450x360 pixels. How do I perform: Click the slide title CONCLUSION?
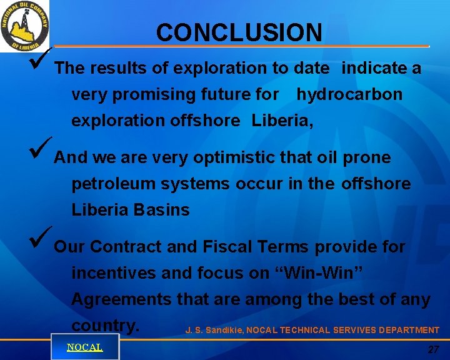point(239,32)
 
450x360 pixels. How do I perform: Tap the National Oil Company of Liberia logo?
point(25,26)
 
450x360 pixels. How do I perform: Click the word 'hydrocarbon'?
point(349,95)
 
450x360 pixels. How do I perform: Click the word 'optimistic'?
point(232,158)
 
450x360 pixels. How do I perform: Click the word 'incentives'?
point(114,274)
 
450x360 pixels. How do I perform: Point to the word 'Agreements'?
point(121,300)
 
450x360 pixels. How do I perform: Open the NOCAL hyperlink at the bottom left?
point(84,347)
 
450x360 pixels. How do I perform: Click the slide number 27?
point(433,350)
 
